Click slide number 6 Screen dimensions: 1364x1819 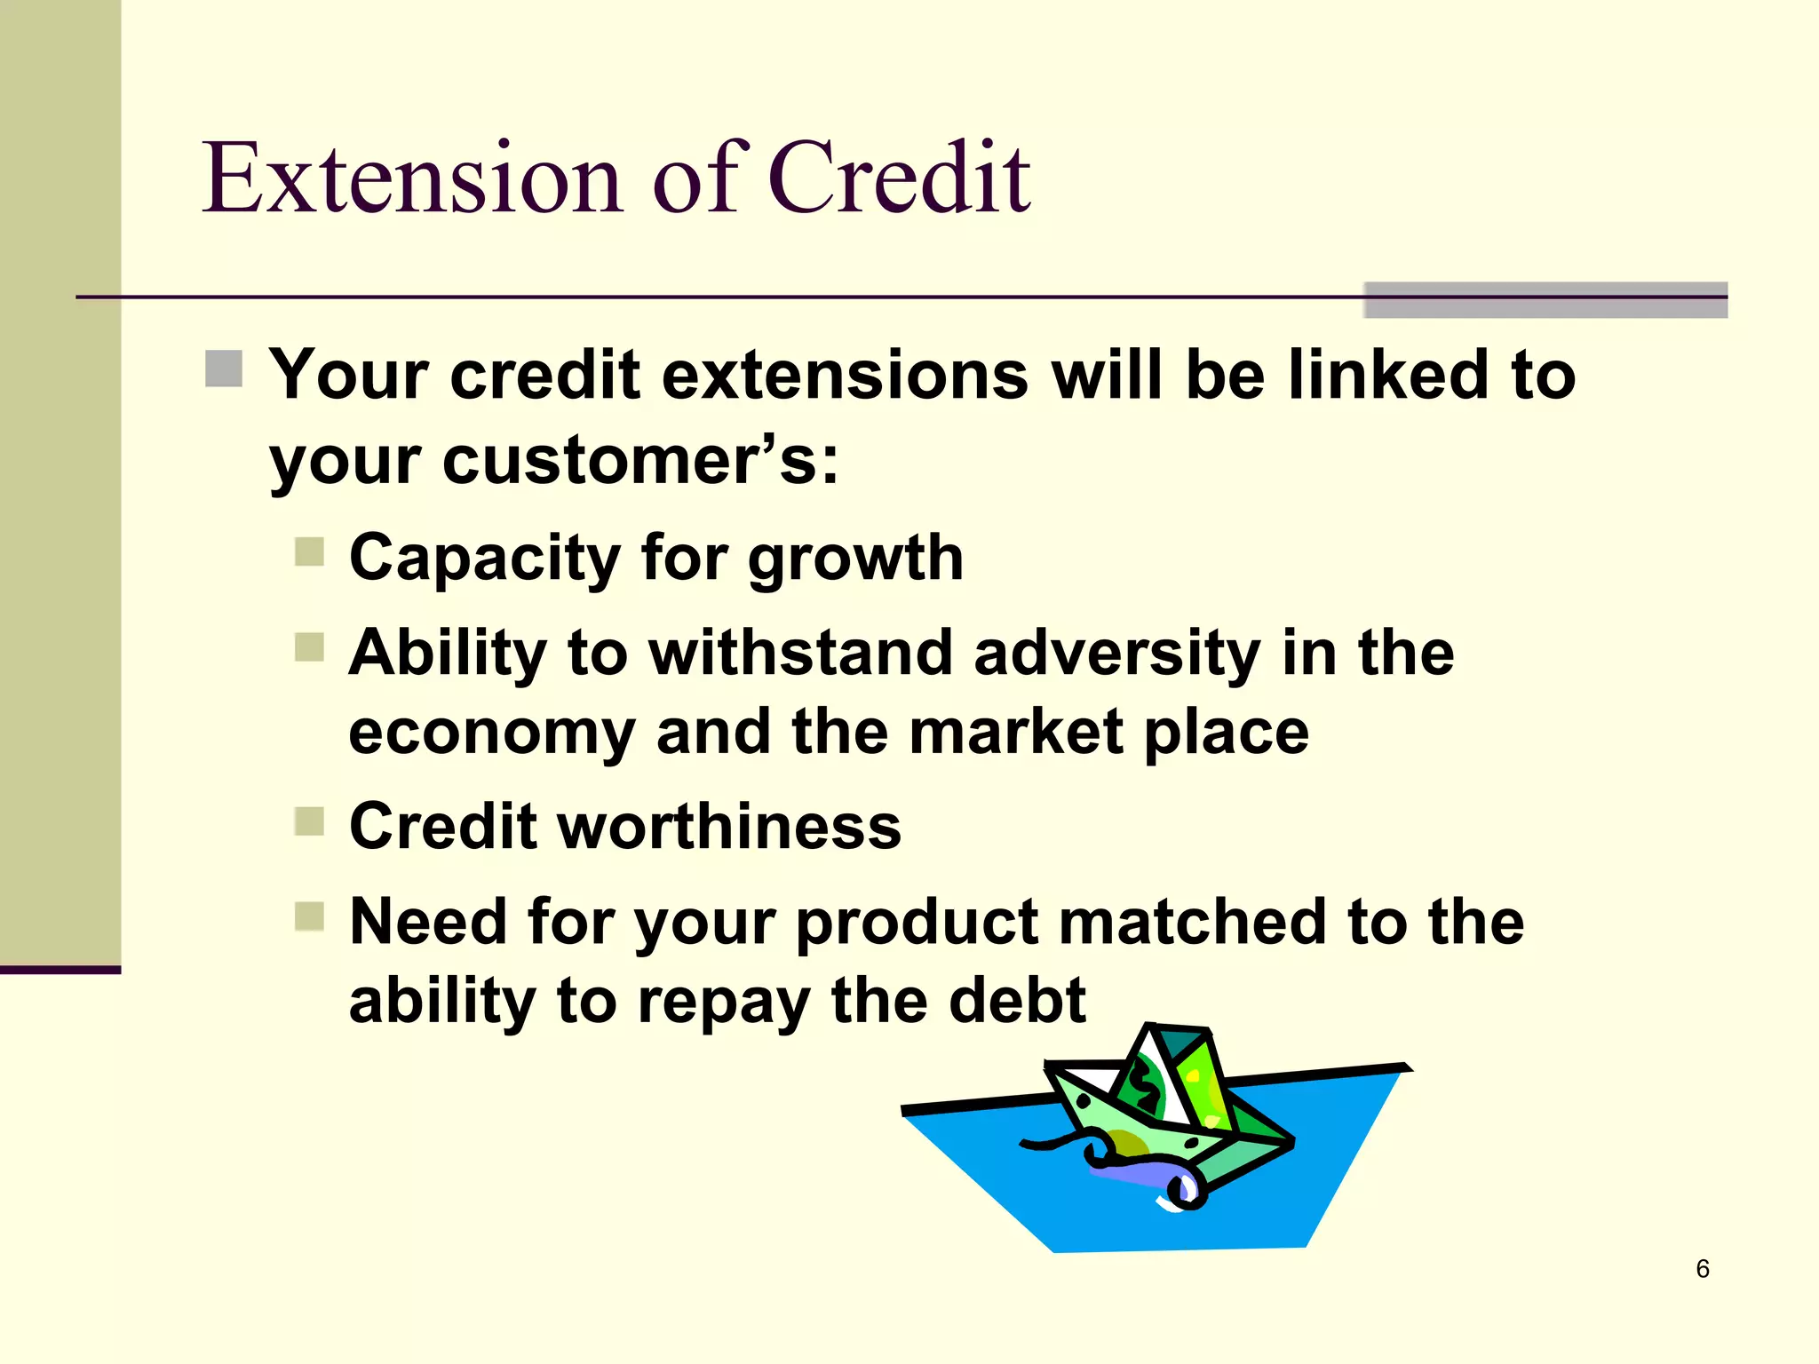pos(1702,1268)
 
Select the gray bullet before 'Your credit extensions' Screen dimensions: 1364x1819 pos(224,369)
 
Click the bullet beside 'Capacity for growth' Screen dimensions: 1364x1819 pos(309,551)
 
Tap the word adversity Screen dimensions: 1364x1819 pos(1116,654)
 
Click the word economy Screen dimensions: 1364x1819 pos(491,734)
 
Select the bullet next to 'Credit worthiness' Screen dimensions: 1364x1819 pos(309,821)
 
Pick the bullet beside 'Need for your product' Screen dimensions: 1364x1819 pos(309,916)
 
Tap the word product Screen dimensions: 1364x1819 pos(917,924)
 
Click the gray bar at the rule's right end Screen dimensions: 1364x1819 pos(1545,300)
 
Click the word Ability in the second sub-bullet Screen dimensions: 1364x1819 pos(447,654)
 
